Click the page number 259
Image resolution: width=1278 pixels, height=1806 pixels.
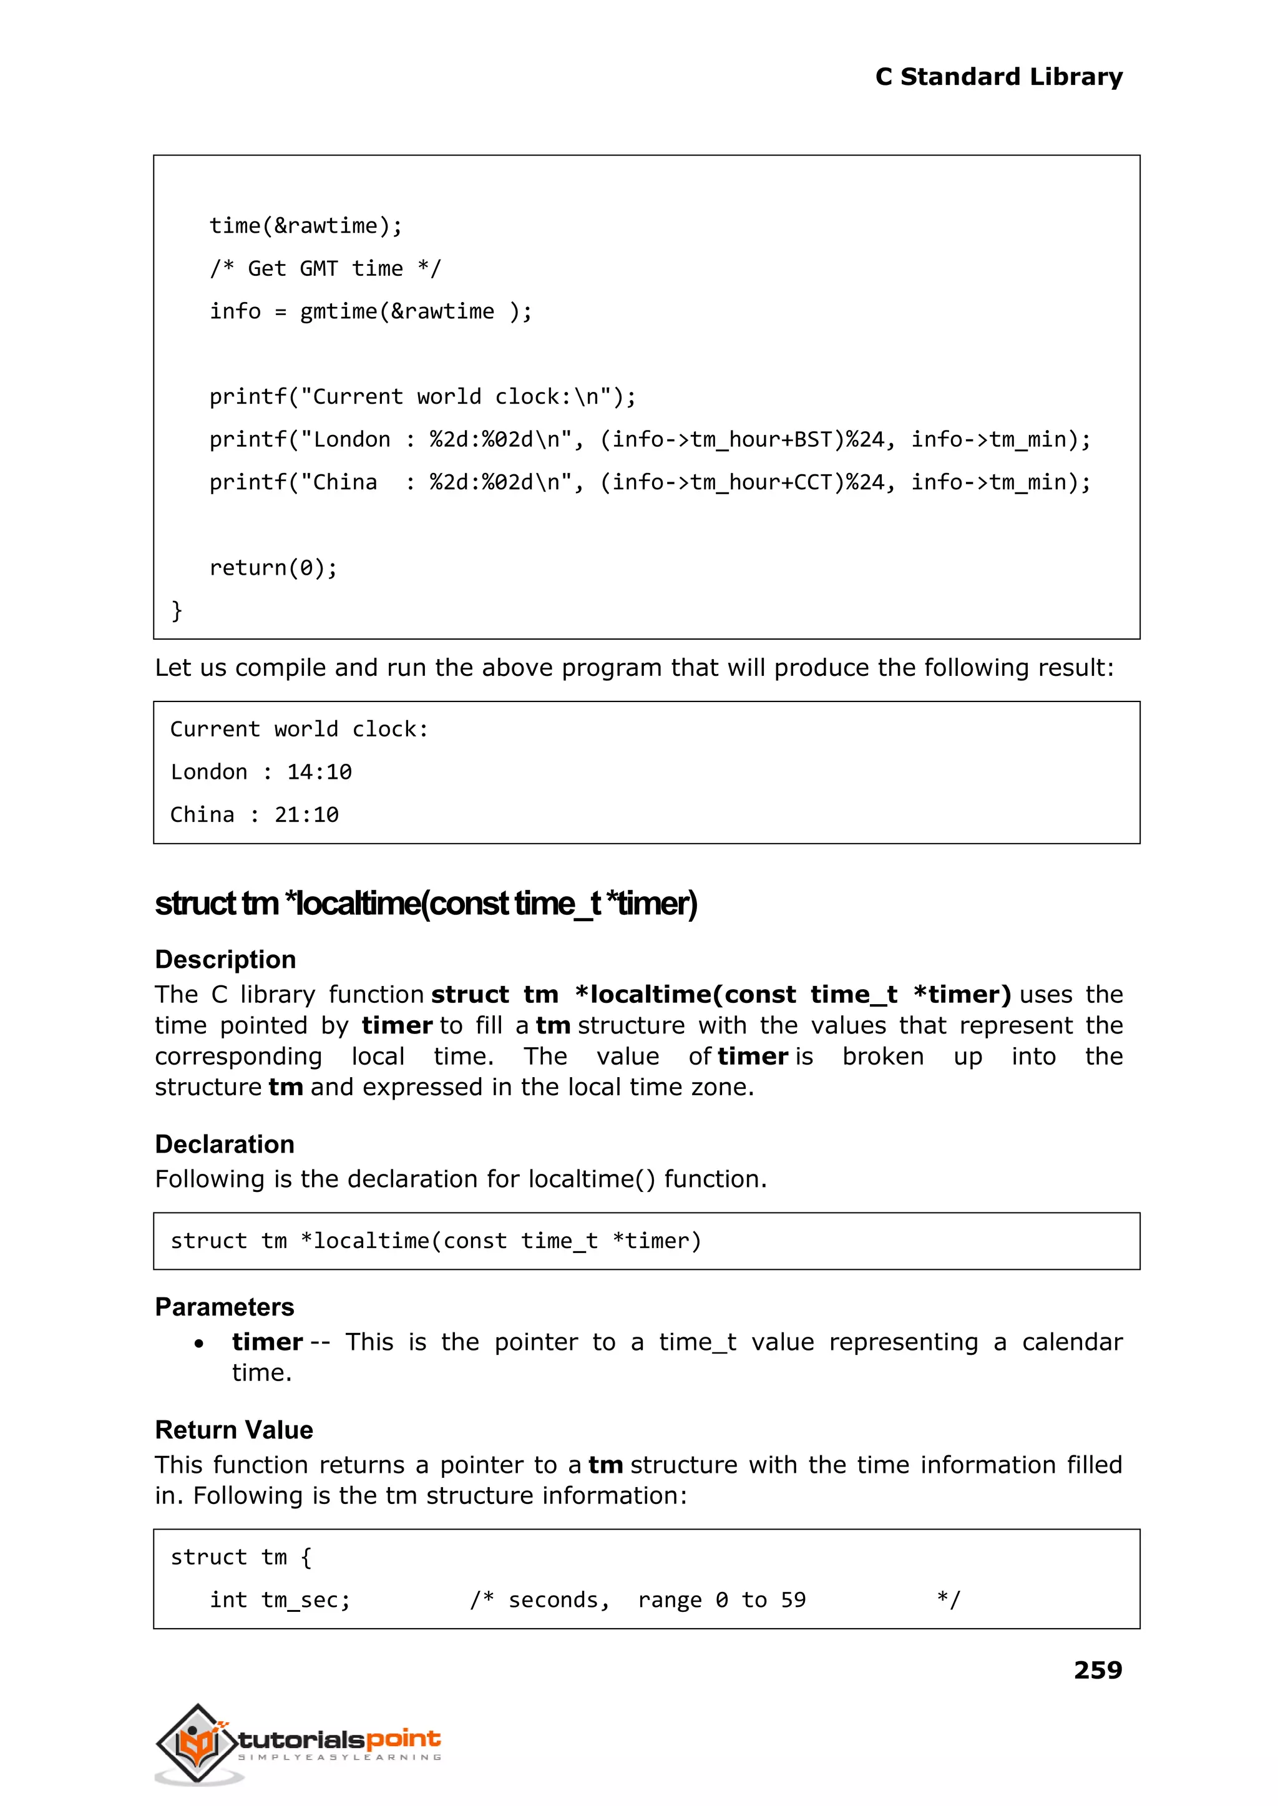coord(1097,1669)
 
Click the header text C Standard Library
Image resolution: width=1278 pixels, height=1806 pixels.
coord(998,76)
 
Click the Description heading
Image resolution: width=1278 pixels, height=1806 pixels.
coord(225,959)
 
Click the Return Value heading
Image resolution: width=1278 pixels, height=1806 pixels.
coord(234,1429)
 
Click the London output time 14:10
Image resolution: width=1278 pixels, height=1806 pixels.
coord(319,772)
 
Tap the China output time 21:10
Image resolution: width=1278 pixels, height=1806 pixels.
coord(306,814)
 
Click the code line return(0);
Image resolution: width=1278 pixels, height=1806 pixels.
coord(273,567)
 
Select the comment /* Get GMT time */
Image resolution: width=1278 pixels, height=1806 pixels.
coord(325,268)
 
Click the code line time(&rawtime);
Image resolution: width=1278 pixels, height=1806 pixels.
coord(305,226)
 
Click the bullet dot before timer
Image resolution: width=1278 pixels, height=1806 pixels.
coord(199,1344)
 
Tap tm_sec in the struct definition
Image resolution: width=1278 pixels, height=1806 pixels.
coord(299,1600)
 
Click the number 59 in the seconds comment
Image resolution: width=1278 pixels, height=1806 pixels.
coord(793,1600)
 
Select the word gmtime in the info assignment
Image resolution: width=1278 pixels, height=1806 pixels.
coord(338,311)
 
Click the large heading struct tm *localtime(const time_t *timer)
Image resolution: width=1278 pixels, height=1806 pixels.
coord(426,904)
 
